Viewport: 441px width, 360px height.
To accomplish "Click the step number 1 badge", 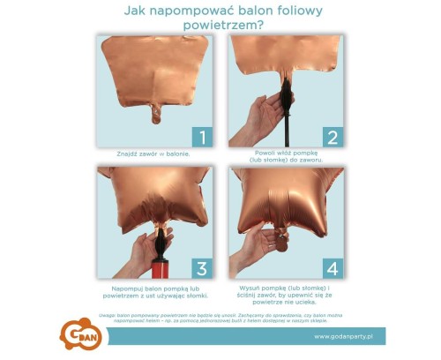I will [x=201, y=136].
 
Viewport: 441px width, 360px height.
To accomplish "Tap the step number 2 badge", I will [x=333, y=136].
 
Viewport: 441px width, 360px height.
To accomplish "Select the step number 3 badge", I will [x=201, y=267].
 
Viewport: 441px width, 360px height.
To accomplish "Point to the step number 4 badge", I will [x=333, y=267].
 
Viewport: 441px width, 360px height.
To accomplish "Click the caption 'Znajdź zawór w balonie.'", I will [x=153, y=154].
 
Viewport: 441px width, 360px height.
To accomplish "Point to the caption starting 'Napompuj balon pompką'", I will [x=153, y=289].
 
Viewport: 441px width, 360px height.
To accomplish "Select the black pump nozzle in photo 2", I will [x=287, y=97].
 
